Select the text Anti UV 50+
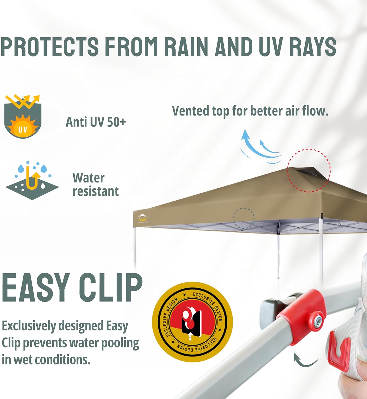point(96,122)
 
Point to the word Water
point(88,178)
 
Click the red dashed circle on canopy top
point(309,170)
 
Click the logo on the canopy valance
point(143,219)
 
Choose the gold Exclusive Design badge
point(192,322)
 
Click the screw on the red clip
point(318,321)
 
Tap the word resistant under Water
point(96,191)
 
